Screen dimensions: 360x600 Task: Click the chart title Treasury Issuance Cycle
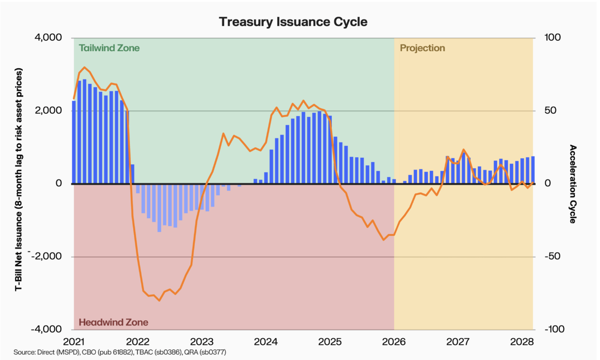(293, 22)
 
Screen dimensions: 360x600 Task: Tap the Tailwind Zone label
(109, 48)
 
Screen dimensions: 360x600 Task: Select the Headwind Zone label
(113, 323)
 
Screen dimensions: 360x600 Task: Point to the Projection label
(422, 48)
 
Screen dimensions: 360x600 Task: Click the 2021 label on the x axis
(74, 341)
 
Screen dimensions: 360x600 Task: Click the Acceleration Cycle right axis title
(573, 184)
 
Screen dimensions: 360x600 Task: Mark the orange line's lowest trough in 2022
(159, 300)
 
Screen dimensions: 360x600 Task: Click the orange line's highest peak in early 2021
(84, 67)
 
